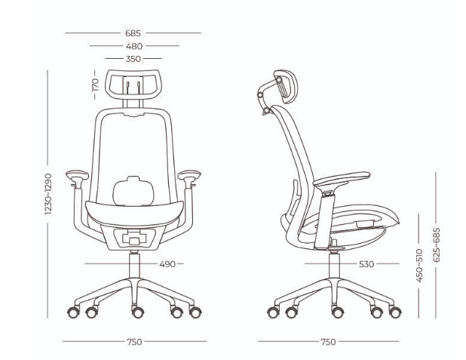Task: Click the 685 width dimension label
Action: click(x=133, y=33)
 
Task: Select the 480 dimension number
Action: click(x=134, y=46)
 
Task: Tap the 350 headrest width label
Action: click(x=133, y=59)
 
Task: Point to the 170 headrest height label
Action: click(x=95, y=85)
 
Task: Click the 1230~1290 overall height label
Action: click(x=48, y=194)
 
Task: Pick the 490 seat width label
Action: click(x=167, y=264)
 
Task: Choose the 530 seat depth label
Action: click(x=366, y=264)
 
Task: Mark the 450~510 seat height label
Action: click(x=419, y=266)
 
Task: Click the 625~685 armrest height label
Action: click(x=437, y=245)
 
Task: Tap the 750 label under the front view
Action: click(x=135, y=342)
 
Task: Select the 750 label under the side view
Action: click(x=329, y=342)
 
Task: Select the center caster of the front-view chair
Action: click(x=138, y=312)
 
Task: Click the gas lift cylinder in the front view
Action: click(x=134, y=266)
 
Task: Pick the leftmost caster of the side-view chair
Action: click(x=273, y=312)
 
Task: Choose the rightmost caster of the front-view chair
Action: click(x=195, y=312)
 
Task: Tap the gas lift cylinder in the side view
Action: click(x=334, y=266)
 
